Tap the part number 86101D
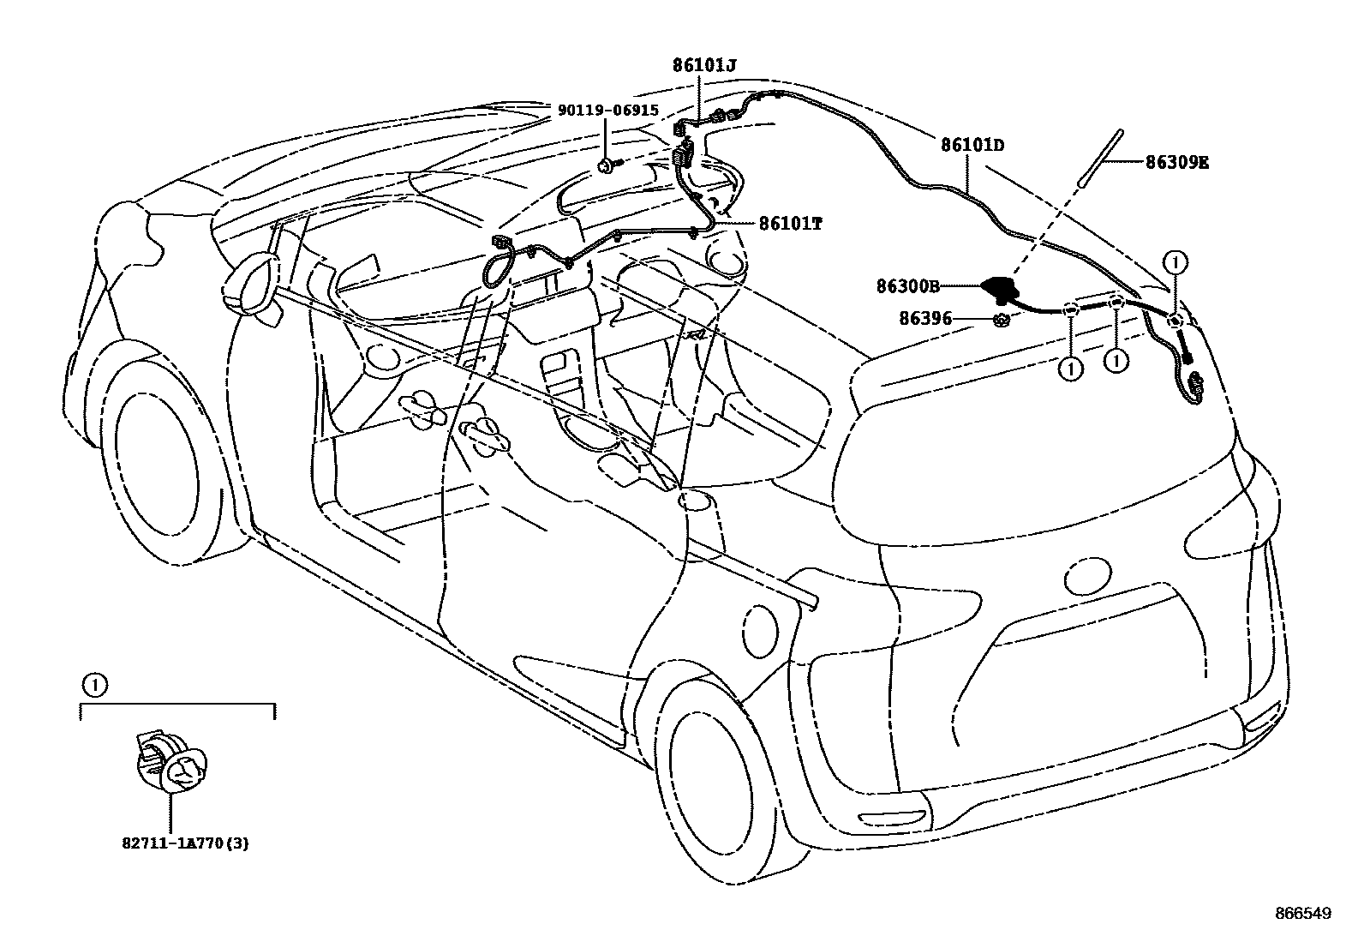pos(972,146)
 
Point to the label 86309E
pos(1177,162)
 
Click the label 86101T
pos(790,224)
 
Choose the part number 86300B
pos(908,287)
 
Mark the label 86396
pos(925,319)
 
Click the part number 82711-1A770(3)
pos(185,843)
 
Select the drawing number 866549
pos(1302,915)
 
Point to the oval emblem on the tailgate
pos(1087,571)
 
